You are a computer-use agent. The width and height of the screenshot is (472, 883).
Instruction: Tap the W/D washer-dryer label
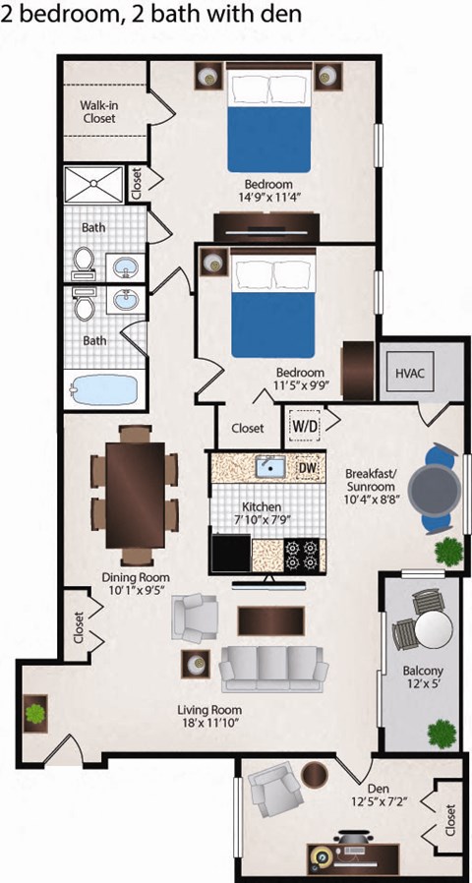point(304,426)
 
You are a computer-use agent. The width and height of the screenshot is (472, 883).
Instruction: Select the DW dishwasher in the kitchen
point(307,467)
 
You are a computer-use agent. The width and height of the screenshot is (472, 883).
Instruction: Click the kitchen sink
point(268,467)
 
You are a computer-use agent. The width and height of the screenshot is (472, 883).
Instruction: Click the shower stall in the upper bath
point(93,184)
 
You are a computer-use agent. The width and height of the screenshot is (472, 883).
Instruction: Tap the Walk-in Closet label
point(98,111)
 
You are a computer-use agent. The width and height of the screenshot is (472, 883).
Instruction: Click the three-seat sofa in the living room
point(273,671)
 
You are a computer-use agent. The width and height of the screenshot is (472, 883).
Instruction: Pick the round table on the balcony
point(431,629)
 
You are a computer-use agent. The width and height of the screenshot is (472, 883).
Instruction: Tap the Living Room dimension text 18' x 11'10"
point(210,723)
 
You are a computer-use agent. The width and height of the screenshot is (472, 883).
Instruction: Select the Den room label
point(378,789)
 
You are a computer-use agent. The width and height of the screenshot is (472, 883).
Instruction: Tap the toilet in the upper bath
point(85,261)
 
